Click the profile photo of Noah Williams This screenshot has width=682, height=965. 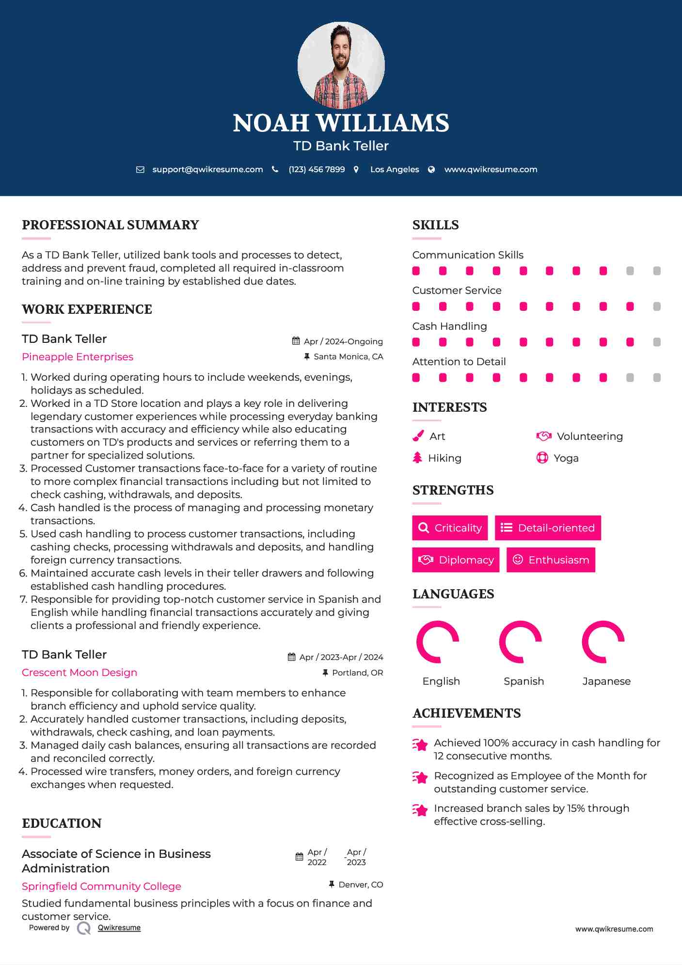[341, 65]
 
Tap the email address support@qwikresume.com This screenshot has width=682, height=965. [207, 170]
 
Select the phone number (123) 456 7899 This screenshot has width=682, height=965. [317, 170]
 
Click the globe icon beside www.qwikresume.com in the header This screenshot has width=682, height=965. [431, 170]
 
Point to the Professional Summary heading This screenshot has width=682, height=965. [111, 225]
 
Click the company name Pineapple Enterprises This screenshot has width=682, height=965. [78, 357]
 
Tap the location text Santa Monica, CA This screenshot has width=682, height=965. [348, 357]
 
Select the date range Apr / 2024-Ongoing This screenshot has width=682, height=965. [343, 341]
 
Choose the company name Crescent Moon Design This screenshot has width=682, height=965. [79, 673]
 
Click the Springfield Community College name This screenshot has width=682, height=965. [101, 886]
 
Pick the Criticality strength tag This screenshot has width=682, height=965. [450, 528]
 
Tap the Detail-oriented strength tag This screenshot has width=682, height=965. [548, 528]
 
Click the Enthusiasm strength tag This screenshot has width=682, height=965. [551, 560]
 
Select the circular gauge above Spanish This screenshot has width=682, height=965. [521, 642]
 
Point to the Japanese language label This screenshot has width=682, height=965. [606, 681]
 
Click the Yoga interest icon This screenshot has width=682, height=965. [542, 458]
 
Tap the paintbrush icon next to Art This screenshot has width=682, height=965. [418, 436]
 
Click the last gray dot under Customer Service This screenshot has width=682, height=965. [657, 306]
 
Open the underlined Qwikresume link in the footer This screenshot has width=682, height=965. [119, 928]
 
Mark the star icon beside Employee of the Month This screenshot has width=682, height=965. [420, 777]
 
